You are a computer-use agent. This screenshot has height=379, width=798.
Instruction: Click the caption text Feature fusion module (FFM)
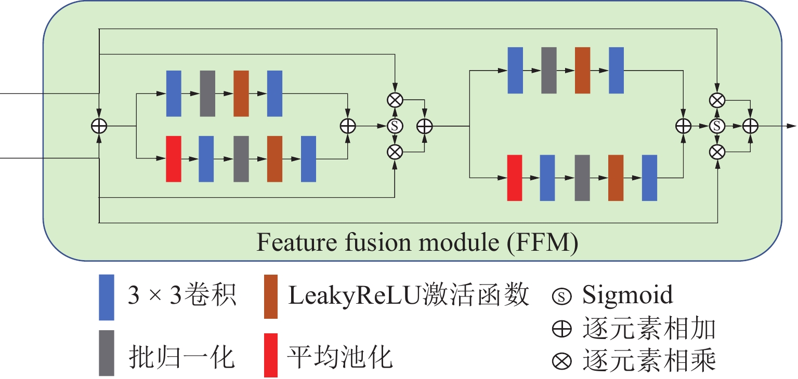(x=417, y=243)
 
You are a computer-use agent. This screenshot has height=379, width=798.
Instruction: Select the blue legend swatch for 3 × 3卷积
(x=106, y=297)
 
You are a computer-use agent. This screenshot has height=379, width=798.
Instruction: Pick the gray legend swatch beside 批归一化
(x=106, y=353)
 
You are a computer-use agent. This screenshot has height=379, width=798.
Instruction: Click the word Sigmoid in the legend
(x=627, y=295)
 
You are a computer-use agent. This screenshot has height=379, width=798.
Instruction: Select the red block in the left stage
(x=173, y=159)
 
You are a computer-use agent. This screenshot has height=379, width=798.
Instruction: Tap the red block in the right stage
(x=514, y=178)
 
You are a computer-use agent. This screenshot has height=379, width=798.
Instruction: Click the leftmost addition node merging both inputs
(x=98, y=126)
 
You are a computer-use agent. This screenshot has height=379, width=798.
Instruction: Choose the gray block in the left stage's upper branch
(x=207, y=93)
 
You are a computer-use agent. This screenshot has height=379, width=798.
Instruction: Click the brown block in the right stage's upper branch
(x=583, y=70)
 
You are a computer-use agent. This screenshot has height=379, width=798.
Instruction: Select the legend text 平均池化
(x=340, y=356)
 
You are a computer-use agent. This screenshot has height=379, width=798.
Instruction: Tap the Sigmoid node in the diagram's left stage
(x=395, y=126)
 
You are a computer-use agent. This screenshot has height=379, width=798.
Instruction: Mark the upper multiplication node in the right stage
(x=717, y=100)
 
